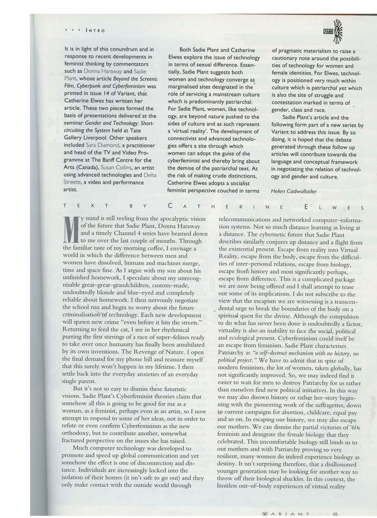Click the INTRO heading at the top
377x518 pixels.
(95, 30)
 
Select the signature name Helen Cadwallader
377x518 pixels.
(293, 191)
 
